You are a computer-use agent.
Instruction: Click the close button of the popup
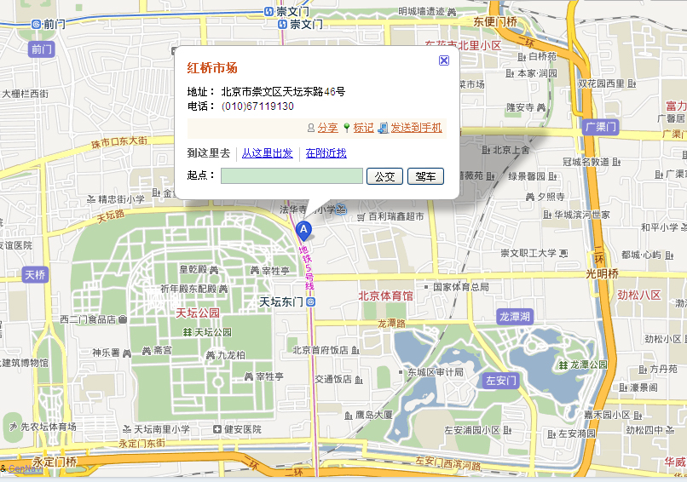(443, 60)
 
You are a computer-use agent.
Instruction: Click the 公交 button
(384, 176)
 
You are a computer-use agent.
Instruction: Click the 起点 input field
(292, 176)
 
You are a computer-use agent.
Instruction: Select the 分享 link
(327, 128)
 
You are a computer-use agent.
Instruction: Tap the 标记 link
(363, 128)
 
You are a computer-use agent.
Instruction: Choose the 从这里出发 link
(267, 153)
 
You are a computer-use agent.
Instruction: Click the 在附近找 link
(326, 153)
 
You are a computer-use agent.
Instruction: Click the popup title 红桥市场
(212, 68)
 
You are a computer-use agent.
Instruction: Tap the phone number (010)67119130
(257, 106)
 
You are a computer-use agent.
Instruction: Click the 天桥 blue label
(35, 274)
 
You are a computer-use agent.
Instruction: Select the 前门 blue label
(41, 49)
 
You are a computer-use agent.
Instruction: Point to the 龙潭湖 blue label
(515, 316)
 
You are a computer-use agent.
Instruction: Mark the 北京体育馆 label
(385, 296)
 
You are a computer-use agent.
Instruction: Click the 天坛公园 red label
(198, 313)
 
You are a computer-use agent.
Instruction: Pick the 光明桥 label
(602, 273)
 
